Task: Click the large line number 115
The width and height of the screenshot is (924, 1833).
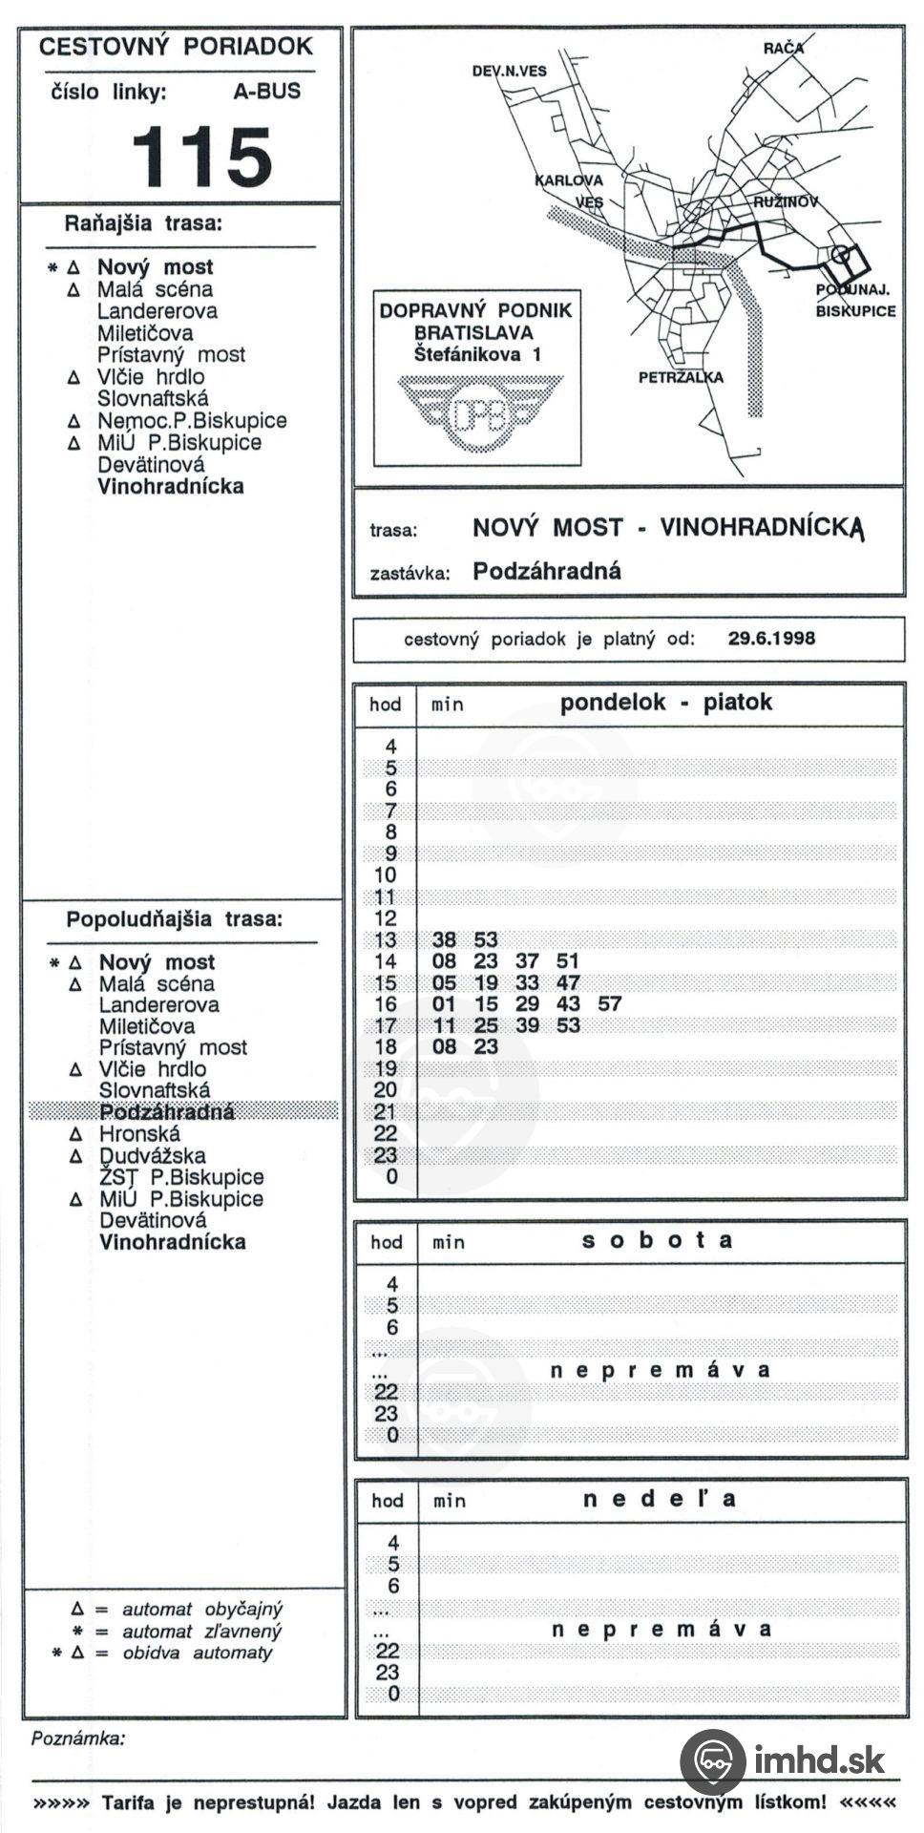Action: [x=202, y=157]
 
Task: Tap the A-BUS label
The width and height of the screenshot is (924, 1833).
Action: [x=266, y=92]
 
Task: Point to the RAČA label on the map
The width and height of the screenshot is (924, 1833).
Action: [x=784, y=48]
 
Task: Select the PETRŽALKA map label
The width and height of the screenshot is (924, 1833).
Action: [x=681, y=377]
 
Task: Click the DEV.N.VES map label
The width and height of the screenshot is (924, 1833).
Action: [x=510, y=71]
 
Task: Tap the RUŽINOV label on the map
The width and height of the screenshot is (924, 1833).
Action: [x=786, y=202]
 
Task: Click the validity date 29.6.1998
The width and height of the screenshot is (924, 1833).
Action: [x=771, y=639]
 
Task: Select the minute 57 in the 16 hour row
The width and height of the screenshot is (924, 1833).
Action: [x=609, y=1003]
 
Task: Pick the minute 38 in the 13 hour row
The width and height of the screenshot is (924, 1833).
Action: [x=444, y=939]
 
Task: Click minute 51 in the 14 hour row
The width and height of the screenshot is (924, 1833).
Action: [x=568, y=961]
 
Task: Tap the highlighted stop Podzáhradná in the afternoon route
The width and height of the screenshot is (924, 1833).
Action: [x=167, y=1112]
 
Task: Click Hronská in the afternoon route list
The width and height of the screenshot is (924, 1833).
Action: [x=139, y=1134]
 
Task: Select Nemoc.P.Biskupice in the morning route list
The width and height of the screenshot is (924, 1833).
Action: [x=191, y=420]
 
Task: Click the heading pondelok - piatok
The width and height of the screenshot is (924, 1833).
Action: [x=665, y=703]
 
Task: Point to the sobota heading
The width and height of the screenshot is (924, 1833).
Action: [x=657, y=1240]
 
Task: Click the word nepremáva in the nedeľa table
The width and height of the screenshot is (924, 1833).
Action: [x=661, y=1629]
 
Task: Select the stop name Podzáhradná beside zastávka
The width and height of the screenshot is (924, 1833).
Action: [x=547, y=572]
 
